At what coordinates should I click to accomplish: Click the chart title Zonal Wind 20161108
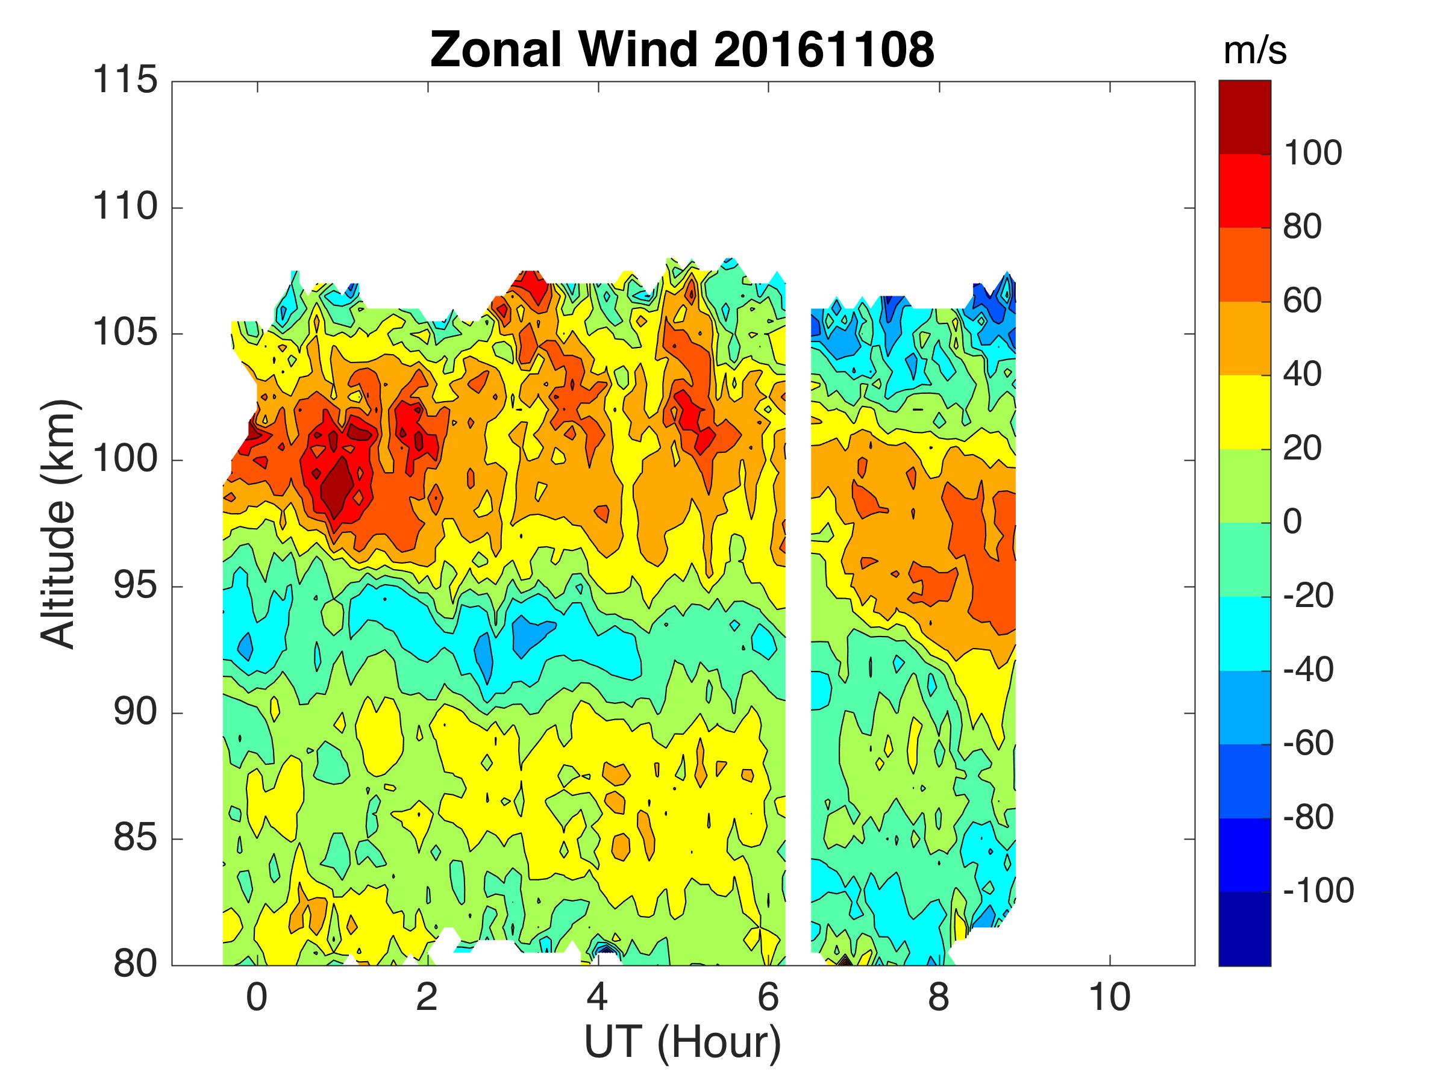683,49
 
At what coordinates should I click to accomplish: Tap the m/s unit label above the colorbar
1254,52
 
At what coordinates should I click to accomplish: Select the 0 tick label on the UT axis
257,997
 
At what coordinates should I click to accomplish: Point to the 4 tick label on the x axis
598,997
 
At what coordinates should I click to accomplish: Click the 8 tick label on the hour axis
939,997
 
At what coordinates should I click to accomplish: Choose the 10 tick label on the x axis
1109,997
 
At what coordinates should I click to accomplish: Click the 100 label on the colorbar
1313,154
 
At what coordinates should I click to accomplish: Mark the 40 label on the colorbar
1302,375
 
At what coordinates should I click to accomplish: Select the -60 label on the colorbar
1307,743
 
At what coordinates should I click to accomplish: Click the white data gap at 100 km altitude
798,460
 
